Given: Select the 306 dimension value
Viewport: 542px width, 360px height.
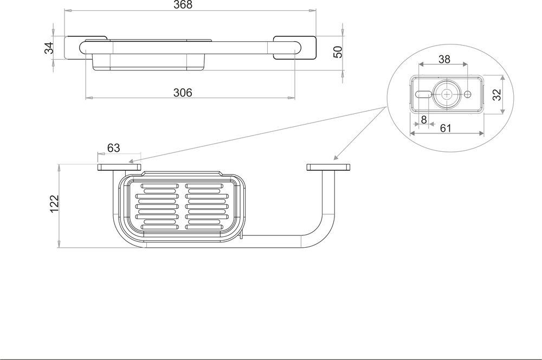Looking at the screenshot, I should (183, 93).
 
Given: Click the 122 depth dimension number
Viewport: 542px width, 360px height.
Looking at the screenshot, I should (54, 204).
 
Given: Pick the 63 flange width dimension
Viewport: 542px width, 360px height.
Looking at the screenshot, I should (113, 147).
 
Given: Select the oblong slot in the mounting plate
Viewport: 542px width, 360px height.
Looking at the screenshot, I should (423, 94).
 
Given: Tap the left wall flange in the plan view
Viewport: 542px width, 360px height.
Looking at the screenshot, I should (119, 167).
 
